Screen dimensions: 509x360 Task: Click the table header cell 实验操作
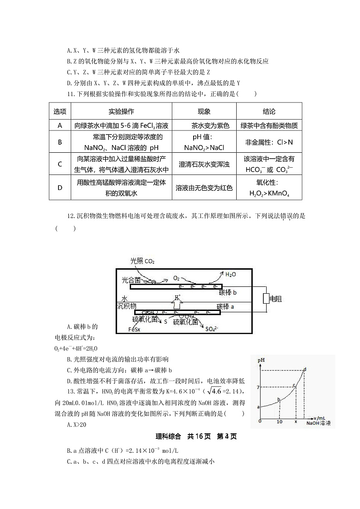pos(122,111)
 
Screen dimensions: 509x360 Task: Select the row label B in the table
pos(60,142)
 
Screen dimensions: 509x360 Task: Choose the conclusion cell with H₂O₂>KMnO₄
pos(269,189)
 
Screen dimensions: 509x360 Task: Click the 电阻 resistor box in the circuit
pos(266,299)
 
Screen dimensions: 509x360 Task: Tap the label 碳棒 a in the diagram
pos(226,306)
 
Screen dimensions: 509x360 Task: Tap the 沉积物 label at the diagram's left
pos(126,306)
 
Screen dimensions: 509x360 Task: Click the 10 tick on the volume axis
pos(279,422)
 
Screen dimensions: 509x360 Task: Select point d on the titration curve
pos(305,369)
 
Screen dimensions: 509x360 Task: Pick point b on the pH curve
pos(279,399)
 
